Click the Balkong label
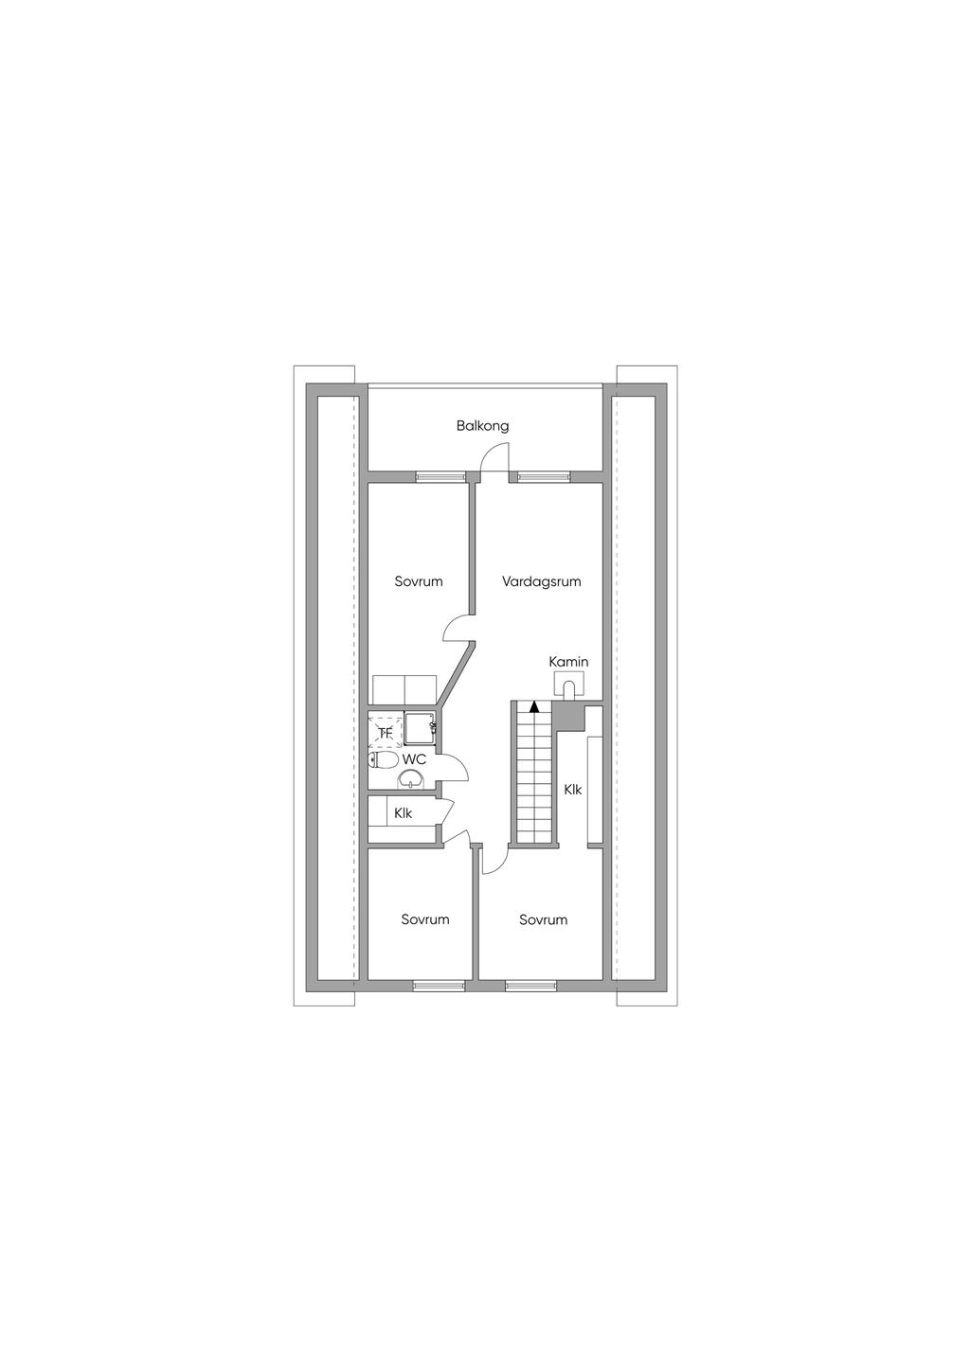point(482,426)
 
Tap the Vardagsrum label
point(541,580)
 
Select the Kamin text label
point(568,662)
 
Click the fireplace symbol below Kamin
point(569,684)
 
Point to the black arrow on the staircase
point(534,706)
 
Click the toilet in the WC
point(383,760)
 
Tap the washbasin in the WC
point(410,779)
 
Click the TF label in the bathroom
point(385,733)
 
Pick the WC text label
point(414,759)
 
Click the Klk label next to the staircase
point(572,790)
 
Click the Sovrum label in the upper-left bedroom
point(419,580)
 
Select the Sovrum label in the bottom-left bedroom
point(425,918)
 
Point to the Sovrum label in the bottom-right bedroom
point(543,918)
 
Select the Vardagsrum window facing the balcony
point(544,477)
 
